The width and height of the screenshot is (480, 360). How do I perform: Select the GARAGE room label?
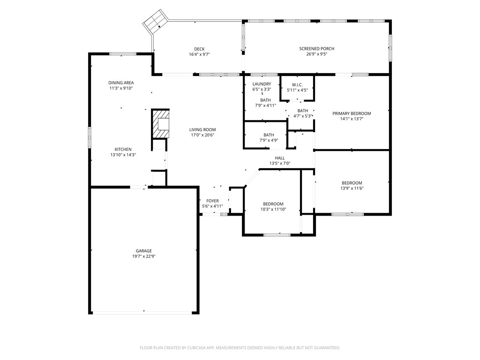(x=144, y=251)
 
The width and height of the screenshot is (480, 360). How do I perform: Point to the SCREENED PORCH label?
(x=317, y=49)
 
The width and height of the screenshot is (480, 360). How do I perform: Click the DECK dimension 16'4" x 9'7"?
(x=199, y=54)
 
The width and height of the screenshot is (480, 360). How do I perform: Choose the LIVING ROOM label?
(x=202, y=130)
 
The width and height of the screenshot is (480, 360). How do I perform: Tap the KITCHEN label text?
(x=123, y=150)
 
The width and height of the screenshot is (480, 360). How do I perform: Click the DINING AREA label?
(x=121, y=82)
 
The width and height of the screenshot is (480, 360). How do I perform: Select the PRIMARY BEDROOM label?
(x=352, y=113)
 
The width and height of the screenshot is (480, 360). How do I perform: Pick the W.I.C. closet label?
(x=297, y=85)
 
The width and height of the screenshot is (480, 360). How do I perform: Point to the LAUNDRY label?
(x=262, y=84)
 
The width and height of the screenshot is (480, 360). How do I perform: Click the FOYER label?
(x=212, y=201)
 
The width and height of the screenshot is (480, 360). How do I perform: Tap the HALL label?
(x=280, y=158)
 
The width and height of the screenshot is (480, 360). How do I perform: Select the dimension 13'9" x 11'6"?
(x=352, y=188)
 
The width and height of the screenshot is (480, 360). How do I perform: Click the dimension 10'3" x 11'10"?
(x=273, y=210)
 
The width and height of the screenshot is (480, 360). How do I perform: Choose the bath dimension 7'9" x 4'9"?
(x=269, y=141)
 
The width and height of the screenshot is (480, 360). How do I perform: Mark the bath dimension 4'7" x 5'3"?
(x=303, y=116)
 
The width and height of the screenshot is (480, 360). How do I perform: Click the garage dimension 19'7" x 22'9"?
(x=144, y=256)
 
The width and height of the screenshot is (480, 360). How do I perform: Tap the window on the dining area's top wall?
(x=123, y=54)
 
